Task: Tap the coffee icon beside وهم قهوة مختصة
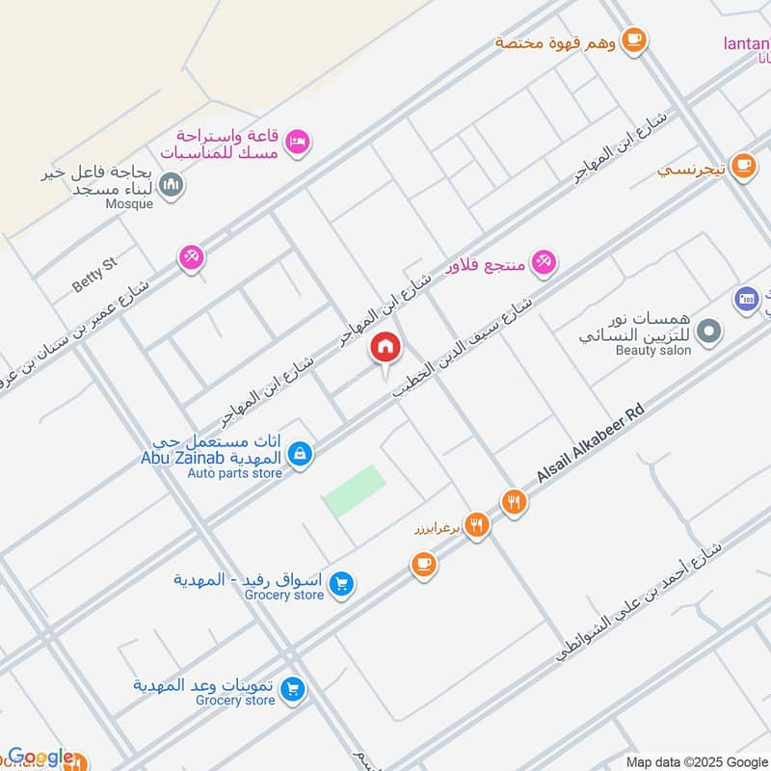pyautogui.click(x=633, y=40)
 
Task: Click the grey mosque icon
pyautogui.click(x=172, y=183)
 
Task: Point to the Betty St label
pyautogui.click(x=94, y=275)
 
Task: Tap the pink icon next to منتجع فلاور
pyautogui.click(x=544, y=262)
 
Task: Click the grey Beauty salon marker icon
pyautogui.click(x=709, y=332)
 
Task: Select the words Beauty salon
pyautogui.click(x=654, y=351)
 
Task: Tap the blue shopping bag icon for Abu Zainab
pyautogui.click(x=301, y=452)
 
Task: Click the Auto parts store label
pyautogui.click(x=235, y=473)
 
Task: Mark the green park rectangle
pyautogui.click(x=354, y=490)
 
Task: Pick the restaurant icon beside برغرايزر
pyautogui.click(x=476, y=525)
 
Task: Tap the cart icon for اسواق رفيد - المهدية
pyautogui.click(x=340, y=583)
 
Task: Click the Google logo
pyautogui.click(x=40, y=758)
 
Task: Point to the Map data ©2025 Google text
pyautogui.click(x=696, y=761)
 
